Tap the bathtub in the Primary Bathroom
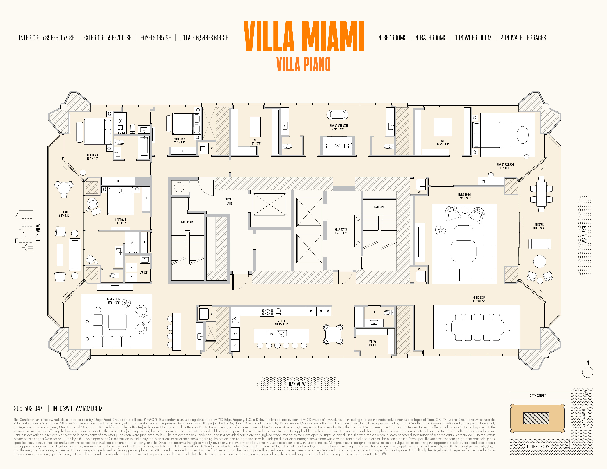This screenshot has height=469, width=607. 337,114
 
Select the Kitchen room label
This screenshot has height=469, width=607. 281,322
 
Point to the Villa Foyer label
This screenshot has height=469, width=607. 341,231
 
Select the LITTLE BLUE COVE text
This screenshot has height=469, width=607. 538,447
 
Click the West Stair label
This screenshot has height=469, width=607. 187,222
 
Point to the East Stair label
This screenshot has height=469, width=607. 379,207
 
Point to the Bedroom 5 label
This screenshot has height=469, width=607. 121,221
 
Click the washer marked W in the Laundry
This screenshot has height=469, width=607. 131,268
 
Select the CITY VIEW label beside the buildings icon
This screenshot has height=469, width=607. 38,232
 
